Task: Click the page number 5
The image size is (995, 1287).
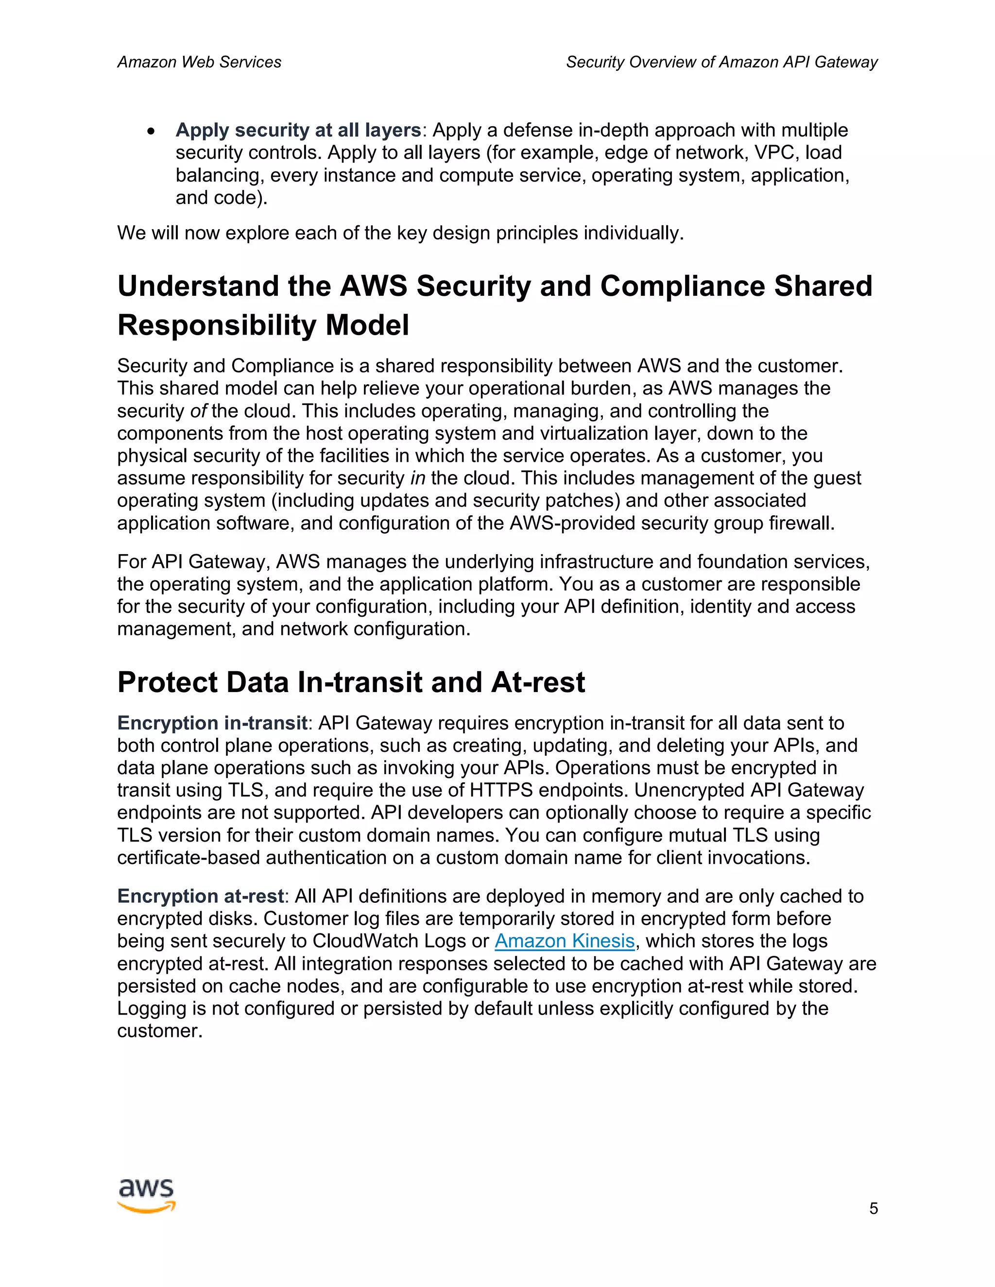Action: (873, 1209)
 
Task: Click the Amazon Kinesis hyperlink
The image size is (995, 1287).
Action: (564, 941)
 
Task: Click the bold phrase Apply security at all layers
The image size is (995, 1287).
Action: (298, 130)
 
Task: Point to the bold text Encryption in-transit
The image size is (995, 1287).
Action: (212, 723)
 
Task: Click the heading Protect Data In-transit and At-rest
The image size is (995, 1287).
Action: (351, 682)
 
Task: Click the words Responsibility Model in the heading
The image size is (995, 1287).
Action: (263, 325)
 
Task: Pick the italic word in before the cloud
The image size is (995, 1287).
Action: (417, 478)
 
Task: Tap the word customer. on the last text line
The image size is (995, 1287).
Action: (160, 1031)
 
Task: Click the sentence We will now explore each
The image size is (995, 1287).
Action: (400, 233)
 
